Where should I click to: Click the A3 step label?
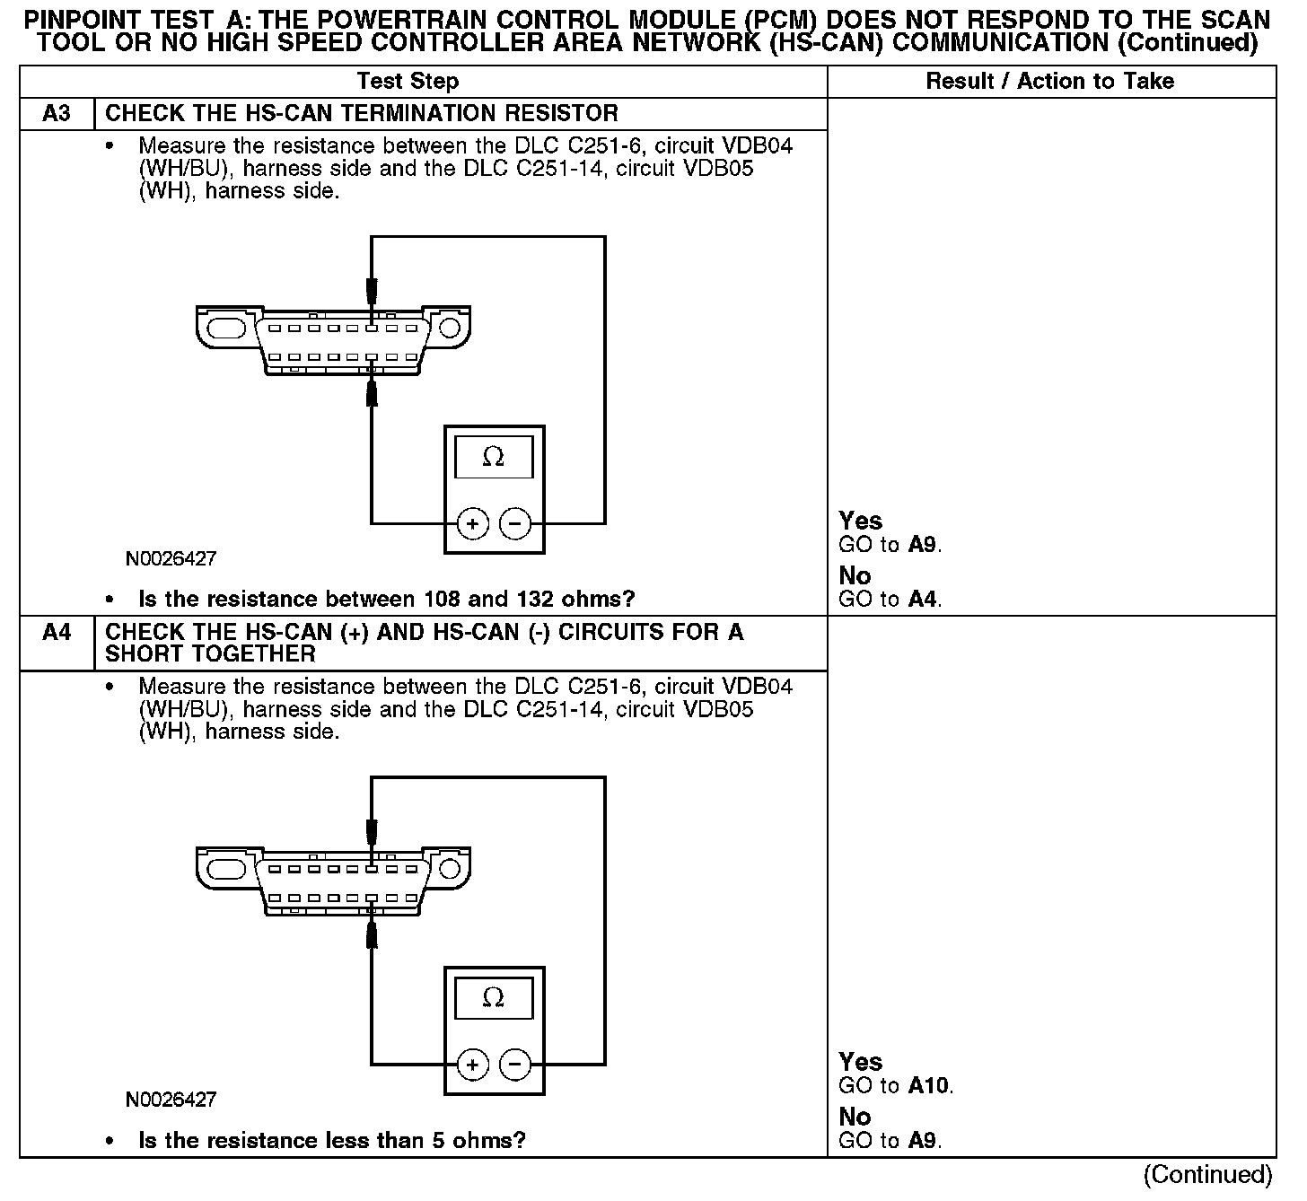tap(57, 114)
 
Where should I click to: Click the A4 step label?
tap(57, 633)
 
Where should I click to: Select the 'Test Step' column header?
tap(408, 82)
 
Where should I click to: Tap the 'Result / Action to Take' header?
tap(1049, 82)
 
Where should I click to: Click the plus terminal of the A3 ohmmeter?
tap(472, 523)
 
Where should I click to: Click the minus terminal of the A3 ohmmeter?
tap(514, 523)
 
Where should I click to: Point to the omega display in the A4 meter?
tap(494, 998)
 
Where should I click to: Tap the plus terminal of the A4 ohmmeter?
tap(472, 1065)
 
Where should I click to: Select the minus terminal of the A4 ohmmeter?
tap(514, 1065)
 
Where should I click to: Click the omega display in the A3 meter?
tap(494, 457)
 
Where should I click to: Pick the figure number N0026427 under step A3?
tap(171, 559)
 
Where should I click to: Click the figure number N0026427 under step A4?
tap(171, 1100)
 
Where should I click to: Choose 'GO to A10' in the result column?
tap(895, 1086)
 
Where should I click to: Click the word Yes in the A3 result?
tap(860, 521)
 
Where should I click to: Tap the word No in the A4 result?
tap(855, 1117)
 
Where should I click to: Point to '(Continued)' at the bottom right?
tap(1207, 1175)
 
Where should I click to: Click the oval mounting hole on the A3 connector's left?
tap(226, 328)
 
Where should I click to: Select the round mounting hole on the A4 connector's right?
tap(449, 869)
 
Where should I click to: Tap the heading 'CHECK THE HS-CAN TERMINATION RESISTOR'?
tap(362, 114)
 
